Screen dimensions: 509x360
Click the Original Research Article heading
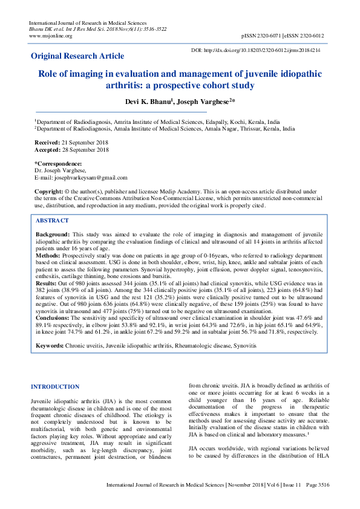[x=77, y=56]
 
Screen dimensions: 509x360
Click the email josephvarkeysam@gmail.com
[x=91, y=178]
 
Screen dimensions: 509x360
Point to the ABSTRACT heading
[x=52, y=221]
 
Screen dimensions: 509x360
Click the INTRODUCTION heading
[x=55, y=386]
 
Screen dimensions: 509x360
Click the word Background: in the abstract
[x=52, y=233]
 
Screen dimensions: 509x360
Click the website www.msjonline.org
[x=51, y=36]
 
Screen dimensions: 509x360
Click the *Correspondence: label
[x=58, y=164]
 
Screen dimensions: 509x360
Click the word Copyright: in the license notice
[x=48, y=190]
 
